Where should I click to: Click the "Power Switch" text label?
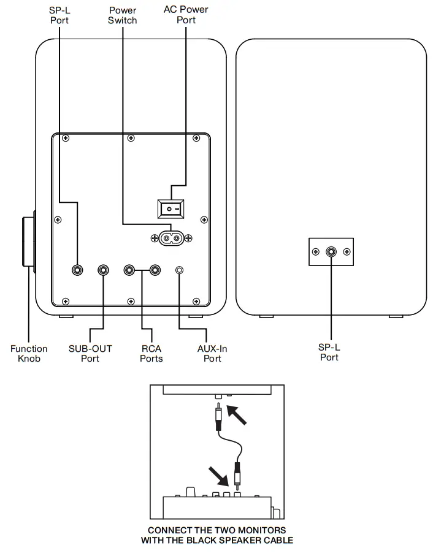pyautogui.click(x=122, y=15)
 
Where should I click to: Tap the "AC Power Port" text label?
pyautogui.click(x=186, y=15)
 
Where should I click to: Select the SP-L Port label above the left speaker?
pyautogui.click(x=59, y=15)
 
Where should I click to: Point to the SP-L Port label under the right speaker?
pyautogui.click(x=329, y=352)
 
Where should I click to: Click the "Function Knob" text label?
pyautogui.click(x=29, y=354)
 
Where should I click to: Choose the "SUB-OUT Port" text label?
pyautogui.click(x=90, y=354)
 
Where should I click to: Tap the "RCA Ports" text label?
pyautogui.click(x=151, y=354)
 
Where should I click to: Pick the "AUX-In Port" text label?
pyautogui.click(x=212, y=354)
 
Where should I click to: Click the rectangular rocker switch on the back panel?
pyautogui.click(x=171, y=209)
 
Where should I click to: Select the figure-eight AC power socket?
pyautogui.click(x=172, y=238)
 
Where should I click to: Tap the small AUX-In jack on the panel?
pyautogui.click(x=180, y=270)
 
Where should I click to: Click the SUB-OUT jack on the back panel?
pyautogui.click(x=103, y=270)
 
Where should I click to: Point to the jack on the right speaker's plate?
pyautogui.click(x=331, y=252)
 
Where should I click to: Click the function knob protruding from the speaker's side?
pyautogui.click(x=28, y=242)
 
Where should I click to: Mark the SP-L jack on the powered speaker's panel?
pyautogui.click(x=77, y=270)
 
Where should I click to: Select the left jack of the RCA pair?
pyautogui.click(x=129, y=270)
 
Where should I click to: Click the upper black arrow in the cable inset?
pyautogui.click(x=236, y=415)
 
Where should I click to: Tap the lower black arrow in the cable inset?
pyautogui.click(x=218, y=476)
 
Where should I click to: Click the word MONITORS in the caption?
pyautogui.click(x=262, y=530)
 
